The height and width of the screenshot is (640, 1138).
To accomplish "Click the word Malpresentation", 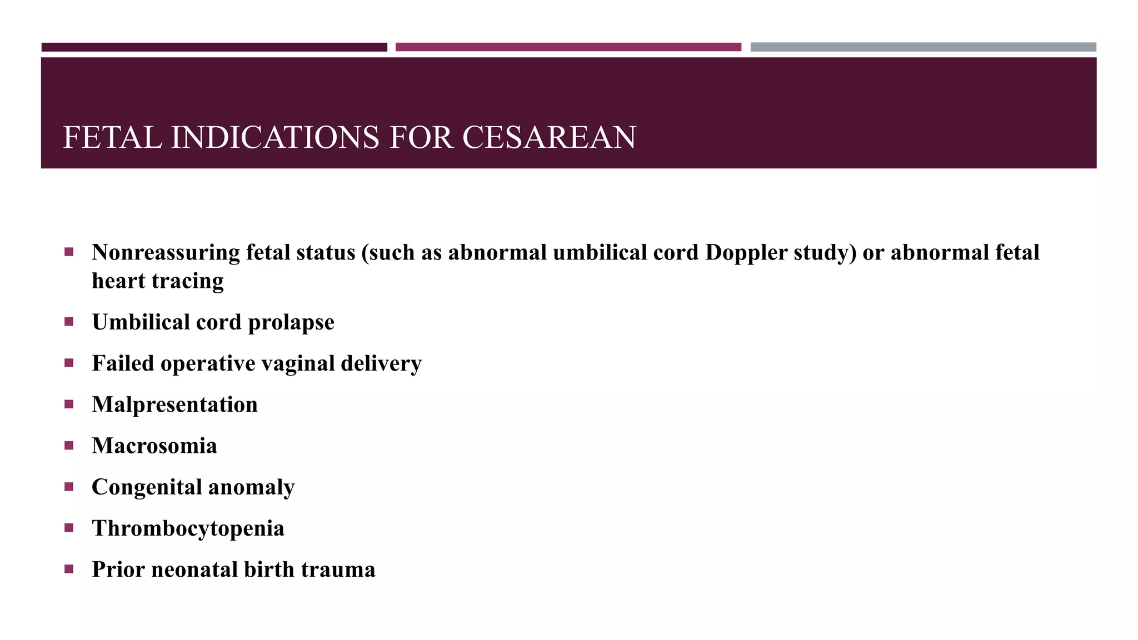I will pyautogui.click(x=174, y=405).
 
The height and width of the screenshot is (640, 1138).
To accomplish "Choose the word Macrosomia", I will pyautogui.click(x=154, y=446).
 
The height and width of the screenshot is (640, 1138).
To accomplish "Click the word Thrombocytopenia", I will pyautogui.click(x=188, y=528).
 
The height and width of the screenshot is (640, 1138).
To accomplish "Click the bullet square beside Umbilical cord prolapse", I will pyautogui.click(x=69, y=322).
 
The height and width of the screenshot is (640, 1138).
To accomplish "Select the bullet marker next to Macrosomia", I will pyautogui.click(x=69, y=445).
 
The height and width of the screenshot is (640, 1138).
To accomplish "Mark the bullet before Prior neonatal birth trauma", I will pyautogui.click(x=69, y=569).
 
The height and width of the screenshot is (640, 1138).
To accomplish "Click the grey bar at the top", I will pyautogui.click(x=923, y=47).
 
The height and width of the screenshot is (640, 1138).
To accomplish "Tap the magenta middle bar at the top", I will pyautogui.click(x=568, y=47).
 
